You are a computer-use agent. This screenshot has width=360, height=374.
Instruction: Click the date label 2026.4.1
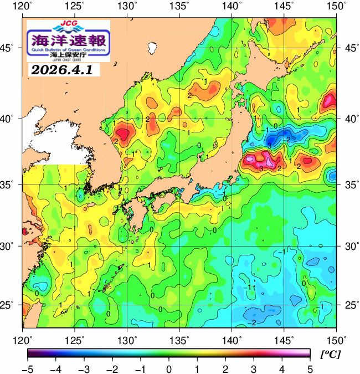click(x=61, y=70)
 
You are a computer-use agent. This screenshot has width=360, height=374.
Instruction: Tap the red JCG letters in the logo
click(x=69, y=24)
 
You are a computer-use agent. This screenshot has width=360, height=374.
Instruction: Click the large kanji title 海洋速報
click(x=69, y=40)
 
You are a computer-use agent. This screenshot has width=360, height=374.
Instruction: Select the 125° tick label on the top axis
click(x=75, y=7)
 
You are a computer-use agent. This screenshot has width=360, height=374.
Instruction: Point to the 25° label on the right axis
click(x=349, y=305)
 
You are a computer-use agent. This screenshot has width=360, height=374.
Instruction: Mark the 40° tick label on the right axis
click(x=349, y=119)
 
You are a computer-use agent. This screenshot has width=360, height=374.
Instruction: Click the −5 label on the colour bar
click(x=26, y=368)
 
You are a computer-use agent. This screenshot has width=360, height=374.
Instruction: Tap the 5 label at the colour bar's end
click(x=310, y=368)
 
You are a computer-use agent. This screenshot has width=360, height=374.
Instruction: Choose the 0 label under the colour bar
click(x=168, y=368)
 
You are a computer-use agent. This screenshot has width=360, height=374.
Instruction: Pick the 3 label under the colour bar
click(x=253, y=368)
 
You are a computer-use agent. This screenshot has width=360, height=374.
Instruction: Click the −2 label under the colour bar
click(x=111, y=368)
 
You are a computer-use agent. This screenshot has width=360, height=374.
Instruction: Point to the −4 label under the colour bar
click(x=54, y=368)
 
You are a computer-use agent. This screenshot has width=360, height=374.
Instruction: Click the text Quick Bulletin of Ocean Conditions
click(x=69, y=50)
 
